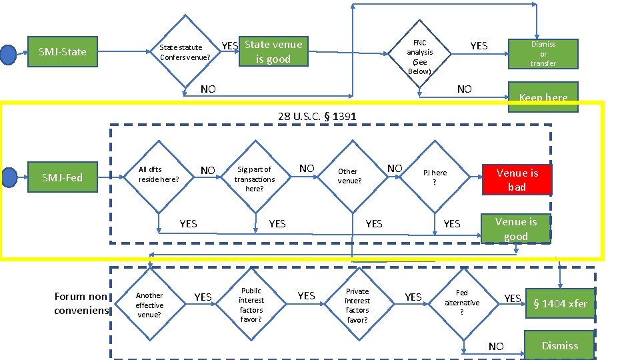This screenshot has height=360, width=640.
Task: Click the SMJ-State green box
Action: pyautogui.click(x=63, y=51)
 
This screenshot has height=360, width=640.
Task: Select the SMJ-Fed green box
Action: pyautogui.click(x=62, y=177)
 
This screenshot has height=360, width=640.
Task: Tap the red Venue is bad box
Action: pyautogui.click(x=517, y=179)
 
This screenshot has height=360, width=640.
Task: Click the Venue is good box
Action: pyautogui.click(x=515, y=229)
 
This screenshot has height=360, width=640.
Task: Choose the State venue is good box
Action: pyautogui.click(x=273, y=52)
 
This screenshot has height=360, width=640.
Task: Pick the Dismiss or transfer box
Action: pyautogui.click(x=543, y=53)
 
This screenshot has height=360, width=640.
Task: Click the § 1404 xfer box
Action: pyautogui.click(x=560, y=303)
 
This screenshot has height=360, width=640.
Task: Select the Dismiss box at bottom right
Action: pyautogui.click(x=559, y=345)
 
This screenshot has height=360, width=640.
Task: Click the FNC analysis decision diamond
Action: pyautogui.click(x=419, y=57)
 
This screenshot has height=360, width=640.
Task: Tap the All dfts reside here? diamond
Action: pyautogui.click(x=159, y=175)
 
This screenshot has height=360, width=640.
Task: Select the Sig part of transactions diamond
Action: pyautogui.click(x=255, y=179)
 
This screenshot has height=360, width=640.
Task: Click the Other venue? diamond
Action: pyautogui.click(x=349, y=176)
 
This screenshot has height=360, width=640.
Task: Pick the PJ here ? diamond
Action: pyautogui.click(x=435, y=177)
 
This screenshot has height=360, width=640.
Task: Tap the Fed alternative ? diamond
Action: pyautogui.click(x=462, y=302)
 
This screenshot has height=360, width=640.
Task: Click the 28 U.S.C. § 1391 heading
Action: pyautogui.click(x=317, y=117)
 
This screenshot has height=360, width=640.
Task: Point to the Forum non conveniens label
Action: pyautogui.click(x=81, y=303)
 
